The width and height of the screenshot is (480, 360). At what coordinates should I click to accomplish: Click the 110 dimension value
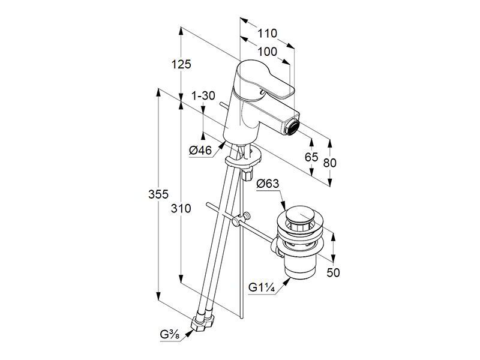[x=267, y=34]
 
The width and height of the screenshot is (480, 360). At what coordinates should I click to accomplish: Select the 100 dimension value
[x=267, y=52]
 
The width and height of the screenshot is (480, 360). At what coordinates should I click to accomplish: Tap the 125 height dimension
[x=181, y=64]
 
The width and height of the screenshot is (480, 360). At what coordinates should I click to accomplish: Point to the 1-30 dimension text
[x=203, y=96]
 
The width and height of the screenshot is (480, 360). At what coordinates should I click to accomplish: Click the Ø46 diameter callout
[x=200, y=151]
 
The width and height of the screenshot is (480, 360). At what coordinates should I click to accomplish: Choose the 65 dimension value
[x=311, y=157]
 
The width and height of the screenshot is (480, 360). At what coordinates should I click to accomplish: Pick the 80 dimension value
[x=329, y=163]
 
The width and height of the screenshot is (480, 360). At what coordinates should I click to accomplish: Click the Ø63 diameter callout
[x=268, y=184]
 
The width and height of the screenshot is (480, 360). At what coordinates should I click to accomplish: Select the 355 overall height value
[x=158, y=194]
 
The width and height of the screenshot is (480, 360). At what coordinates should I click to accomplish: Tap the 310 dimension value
[x=181, y=209]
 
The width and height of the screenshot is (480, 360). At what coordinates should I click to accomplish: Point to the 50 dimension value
[x=333, y=272]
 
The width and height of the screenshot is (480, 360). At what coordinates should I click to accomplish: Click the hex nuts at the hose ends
[x=202, y=323]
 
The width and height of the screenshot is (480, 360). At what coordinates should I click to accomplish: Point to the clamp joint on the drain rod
[x=241, y=219]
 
